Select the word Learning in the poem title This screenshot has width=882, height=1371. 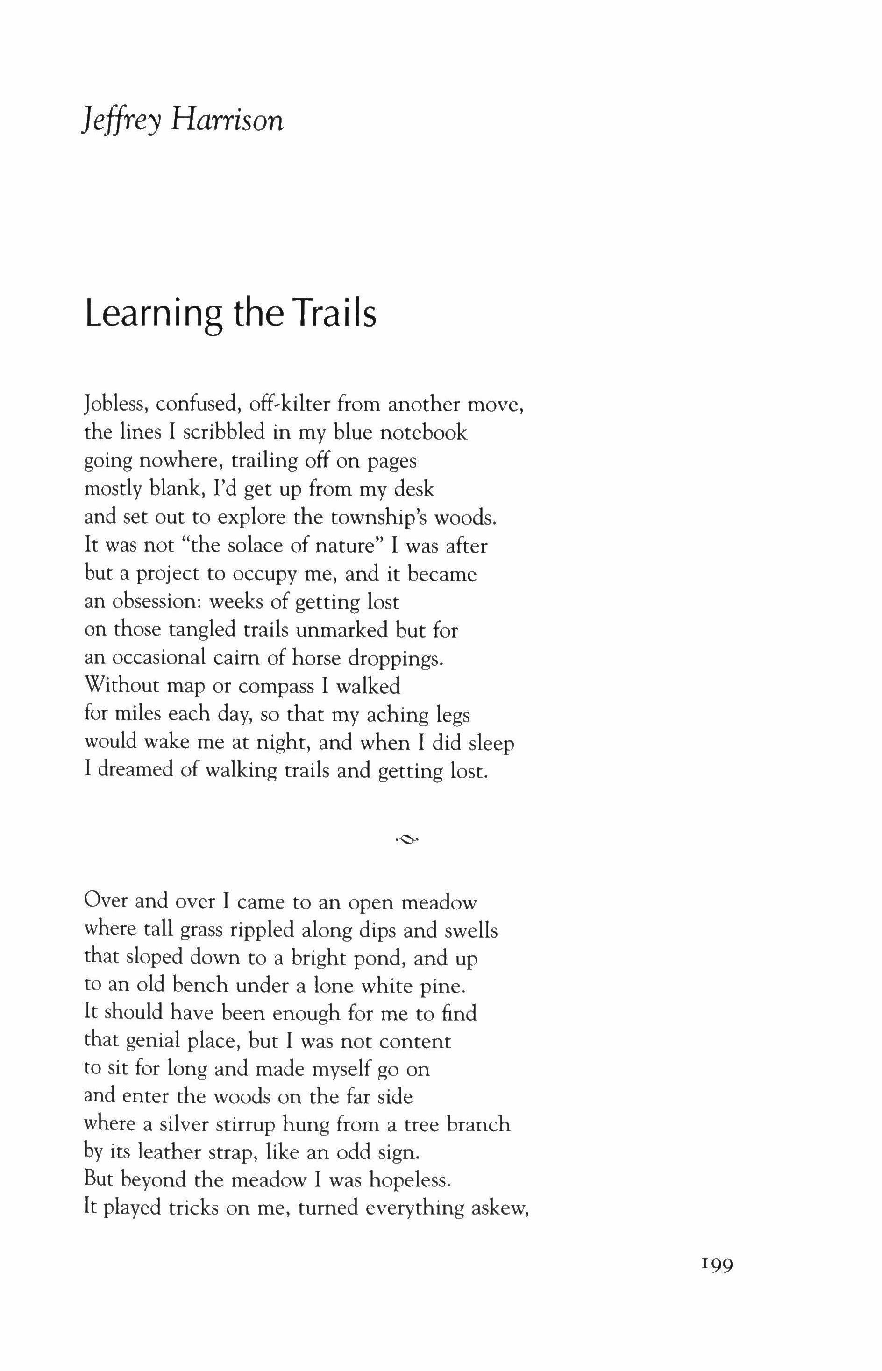tap(154, 314)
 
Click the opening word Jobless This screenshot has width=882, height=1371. tap(116, 405)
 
